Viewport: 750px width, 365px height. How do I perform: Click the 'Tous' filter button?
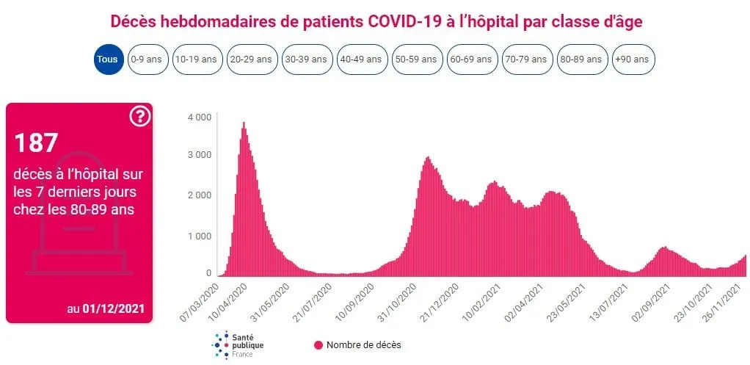(x=109, y=59)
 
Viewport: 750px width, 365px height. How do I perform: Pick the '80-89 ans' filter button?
(x=581, y=59)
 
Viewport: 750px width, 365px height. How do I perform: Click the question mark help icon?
(x=139, y=116)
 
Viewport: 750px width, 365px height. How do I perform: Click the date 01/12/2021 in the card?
(x=113, y=309)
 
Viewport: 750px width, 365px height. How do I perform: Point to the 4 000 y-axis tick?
(x=199, y=117)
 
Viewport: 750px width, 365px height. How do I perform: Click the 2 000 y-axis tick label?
(x=199, y=195)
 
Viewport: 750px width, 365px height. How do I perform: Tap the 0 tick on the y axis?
(x=208, y=273)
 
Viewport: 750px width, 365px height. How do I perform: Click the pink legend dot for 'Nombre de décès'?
(x=318, y=344)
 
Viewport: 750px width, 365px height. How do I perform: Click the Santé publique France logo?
(x=238, y=344)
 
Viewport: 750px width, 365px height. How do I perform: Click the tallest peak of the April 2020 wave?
(x=244, y=123)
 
